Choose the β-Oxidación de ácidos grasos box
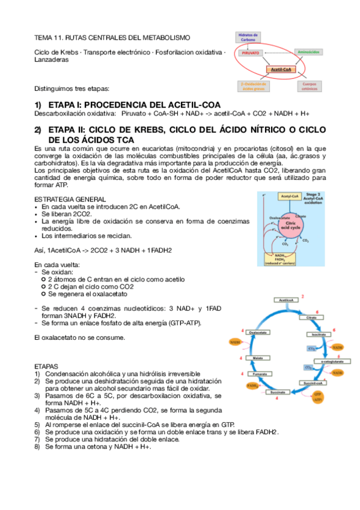(x=253, y=87)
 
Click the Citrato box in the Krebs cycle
(x=311, y=317)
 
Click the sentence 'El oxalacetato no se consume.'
(x=79, y=337)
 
